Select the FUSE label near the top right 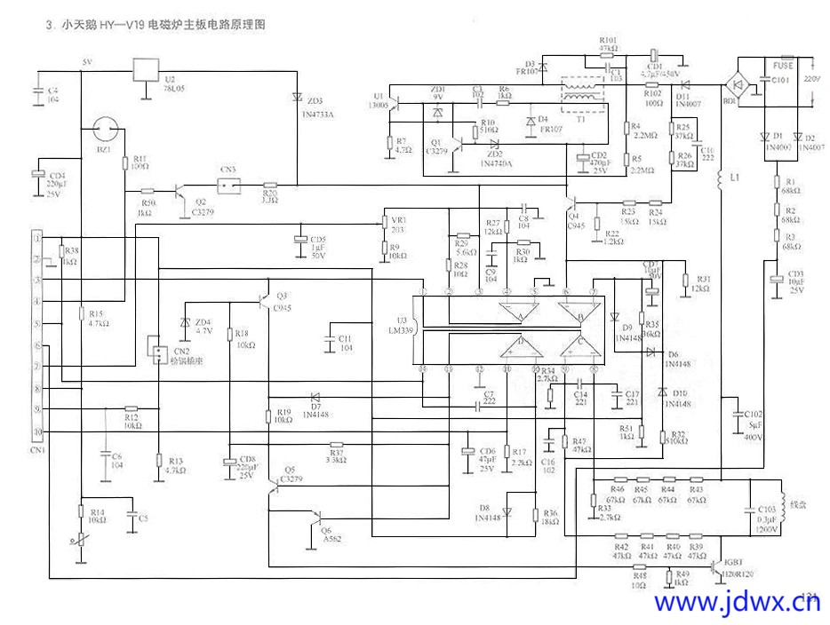tap(783, 66)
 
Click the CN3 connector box tap(232, 185)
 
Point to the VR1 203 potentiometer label tap(397, 225)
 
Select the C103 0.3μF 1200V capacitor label tap(766, 518)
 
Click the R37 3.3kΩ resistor tap(336, 445)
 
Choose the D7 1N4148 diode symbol tap(314, 397)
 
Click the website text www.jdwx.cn tap(737, 603)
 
